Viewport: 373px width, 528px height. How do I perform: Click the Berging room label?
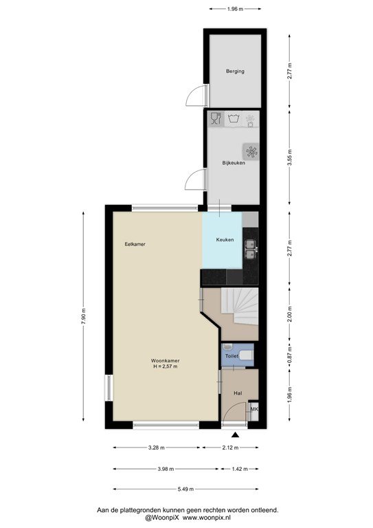click(x=235, y=71)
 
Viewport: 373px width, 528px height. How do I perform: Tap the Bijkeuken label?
click(x=234, y=163)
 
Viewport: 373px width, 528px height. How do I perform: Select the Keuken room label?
click(x=225, y=240)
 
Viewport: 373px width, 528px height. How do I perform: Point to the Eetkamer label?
click(x=135, y=244)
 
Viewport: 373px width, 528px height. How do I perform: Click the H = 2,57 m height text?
click(x=165, y=366)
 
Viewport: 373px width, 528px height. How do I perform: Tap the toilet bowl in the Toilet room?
click(x=247, y=355)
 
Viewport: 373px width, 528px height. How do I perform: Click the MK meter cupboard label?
click(x=254, y=410)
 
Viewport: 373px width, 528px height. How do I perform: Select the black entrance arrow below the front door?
click(x=235, y=435)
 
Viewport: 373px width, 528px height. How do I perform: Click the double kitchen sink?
click(x=250, y=249)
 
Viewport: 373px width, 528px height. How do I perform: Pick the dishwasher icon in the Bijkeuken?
click(x=216, y=118)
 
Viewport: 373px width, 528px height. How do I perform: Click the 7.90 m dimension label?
click(x=83, y=316)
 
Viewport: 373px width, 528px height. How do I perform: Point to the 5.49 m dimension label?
click(x=185, y=489)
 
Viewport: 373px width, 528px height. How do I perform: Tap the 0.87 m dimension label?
click(x=290, y=355)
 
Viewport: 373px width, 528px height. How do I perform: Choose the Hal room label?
click(x=238, y=393)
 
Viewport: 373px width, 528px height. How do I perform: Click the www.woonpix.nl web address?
click(x=207, y=518)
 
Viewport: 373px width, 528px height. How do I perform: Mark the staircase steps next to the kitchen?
click(x=240, y=306)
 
